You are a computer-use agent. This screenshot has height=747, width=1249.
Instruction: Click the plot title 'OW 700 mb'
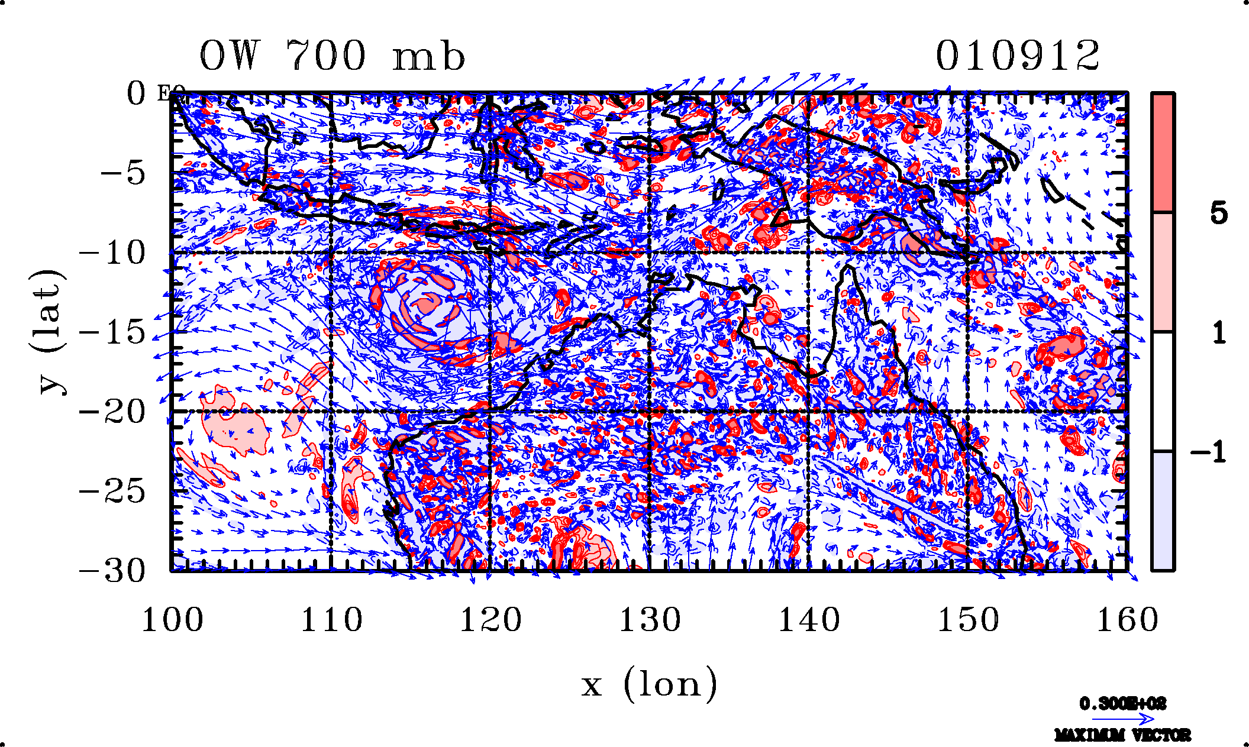pos(332,56)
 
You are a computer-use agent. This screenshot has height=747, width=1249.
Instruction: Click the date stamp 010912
pos(1017,56)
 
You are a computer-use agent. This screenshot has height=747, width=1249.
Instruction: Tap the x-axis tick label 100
pos(172,620)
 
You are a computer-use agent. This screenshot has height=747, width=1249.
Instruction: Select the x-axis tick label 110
pos(331,620)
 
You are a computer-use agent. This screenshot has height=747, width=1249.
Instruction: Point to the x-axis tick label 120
pos(490,620)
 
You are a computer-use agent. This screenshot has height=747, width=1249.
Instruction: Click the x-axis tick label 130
pos(650,620)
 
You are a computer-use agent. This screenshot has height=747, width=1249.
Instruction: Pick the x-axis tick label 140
pos(809,620)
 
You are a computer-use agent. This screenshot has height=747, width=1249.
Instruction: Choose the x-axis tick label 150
pos(968,620)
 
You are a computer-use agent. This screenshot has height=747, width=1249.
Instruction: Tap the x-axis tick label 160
pos(1127,620)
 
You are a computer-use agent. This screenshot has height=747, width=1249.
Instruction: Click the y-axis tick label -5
pos(122,174)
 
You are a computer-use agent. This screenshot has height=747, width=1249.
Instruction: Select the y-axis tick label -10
pos(112,253)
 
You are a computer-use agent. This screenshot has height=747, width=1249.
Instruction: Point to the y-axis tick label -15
pos(112,332)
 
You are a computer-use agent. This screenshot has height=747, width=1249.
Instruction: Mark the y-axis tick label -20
pos(112,412)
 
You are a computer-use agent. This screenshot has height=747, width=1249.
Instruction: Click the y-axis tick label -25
pos(112,491)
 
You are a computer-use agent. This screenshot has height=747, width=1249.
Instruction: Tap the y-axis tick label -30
pos(112,571)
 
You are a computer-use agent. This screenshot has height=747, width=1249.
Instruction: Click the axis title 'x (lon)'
pos(649,684)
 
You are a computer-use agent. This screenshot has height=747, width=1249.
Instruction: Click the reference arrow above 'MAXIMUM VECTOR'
pos(1122,719)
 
